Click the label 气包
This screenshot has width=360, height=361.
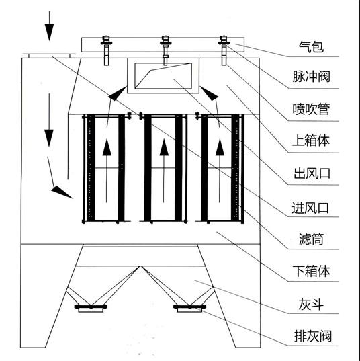coord(311,47)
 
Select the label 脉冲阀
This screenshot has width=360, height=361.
coord(311,77)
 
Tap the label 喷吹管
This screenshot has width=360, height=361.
coord(311,109)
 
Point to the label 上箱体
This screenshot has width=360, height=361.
coord(311,141)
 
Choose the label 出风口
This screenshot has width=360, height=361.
coord(312,173)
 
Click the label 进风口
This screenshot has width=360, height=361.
coord(310,208)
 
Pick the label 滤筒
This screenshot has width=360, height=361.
coord(311,239)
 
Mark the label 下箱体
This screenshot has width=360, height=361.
coord(311,271)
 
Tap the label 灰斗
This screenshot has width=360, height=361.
coord(311,304)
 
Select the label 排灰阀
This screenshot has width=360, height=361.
coord(313,336)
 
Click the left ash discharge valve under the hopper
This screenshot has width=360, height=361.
coord(91,308)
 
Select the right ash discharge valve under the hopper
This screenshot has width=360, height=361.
coord(189,308)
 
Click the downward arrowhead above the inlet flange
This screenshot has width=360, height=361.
coord(49,32)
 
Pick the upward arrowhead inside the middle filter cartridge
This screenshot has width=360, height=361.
coord(164,147)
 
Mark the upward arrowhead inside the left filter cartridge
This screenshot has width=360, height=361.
coord(107,147)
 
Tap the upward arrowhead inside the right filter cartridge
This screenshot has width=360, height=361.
coord(220,147)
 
